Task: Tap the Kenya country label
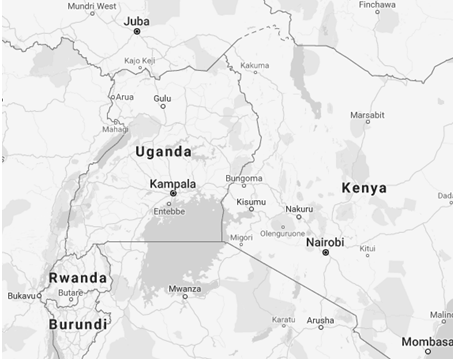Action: click(364, 188)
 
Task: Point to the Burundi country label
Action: click(77, 325)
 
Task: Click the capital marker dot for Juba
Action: click(137, 32)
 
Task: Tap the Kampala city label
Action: click(172, 184)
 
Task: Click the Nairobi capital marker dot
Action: click(325, 254)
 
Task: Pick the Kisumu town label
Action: click(251, 203)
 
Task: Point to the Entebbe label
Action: click(168, 210)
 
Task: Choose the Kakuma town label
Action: click(255, 66)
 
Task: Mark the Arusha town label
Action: click(320, 321)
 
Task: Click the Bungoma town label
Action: click(244, 179)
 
